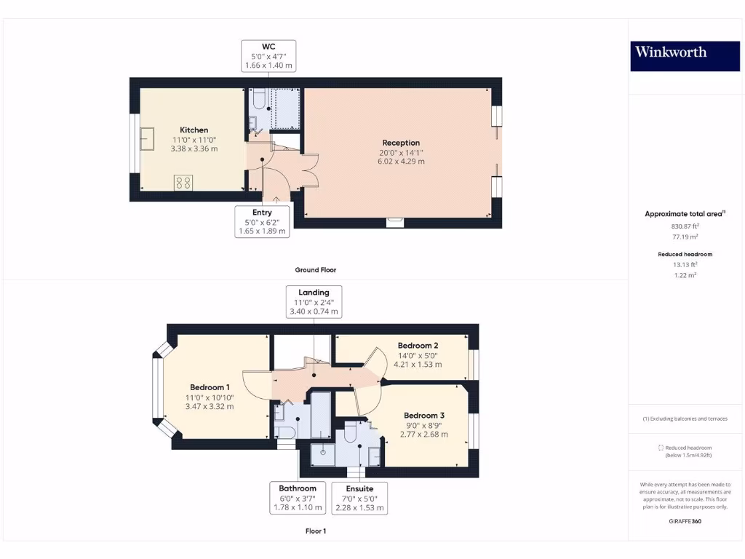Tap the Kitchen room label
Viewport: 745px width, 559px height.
point(194,130)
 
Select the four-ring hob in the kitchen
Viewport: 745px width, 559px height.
point(183,183)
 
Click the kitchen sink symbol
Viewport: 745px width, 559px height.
point(148,138)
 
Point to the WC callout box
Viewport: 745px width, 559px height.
point(268,56)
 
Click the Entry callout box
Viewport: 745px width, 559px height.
point(262,221)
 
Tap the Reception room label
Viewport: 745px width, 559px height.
point(401,143)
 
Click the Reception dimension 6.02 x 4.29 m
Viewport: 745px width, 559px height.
point(401,161)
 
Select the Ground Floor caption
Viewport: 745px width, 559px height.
point(315,270)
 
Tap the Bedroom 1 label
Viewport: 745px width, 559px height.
point(210,387)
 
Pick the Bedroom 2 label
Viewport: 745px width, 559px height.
point(418,345)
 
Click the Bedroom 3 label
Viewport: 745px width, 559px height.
point(423,415)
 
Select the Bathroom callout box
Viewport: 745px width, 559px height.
point(297,498)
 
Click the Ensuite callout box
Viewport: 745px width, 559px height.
point(359,498)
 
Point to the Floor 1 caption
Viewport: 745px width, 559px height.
point(315,531)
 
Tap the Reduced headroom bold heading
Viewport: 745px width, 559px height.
point(684,254)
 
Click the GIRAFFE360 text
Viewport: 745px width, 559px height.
point(684,521)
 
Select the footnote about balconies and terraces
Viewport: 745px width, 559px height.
point(684,419)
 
